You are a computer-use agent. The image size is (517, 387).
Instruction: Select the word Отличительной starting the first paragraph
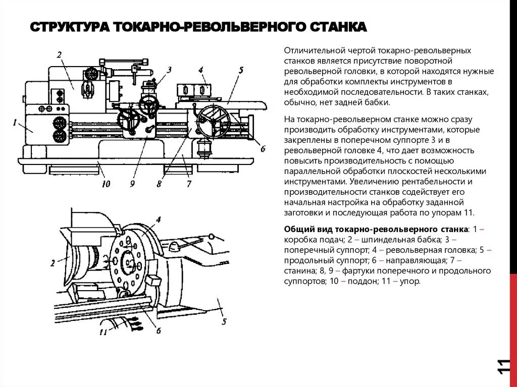tap(314, 51)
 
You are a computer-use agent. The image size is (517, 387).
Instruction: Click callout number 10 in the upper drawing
tap(106, 184)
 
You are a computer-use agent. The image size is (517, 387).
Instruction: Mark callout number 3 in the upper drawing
tap(170, 70)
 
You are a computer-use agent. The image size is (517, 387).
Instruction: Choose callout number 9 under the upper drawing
tap(132, 184)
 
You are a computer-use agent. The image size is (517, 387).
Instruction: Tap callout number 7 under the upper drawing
tap(189, 184)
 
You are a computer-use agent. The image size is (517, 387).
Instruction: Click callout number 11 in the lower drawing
tap(104, 331)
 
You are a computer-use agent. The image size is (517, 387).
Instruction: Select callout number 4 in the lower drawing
tap(158, 219)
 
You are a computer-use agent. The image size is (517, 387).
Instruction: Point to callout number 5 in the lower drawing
tap(224, 321)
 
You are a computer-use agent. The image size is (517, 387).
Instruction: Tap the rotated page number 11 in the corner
tap(503, 367)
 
